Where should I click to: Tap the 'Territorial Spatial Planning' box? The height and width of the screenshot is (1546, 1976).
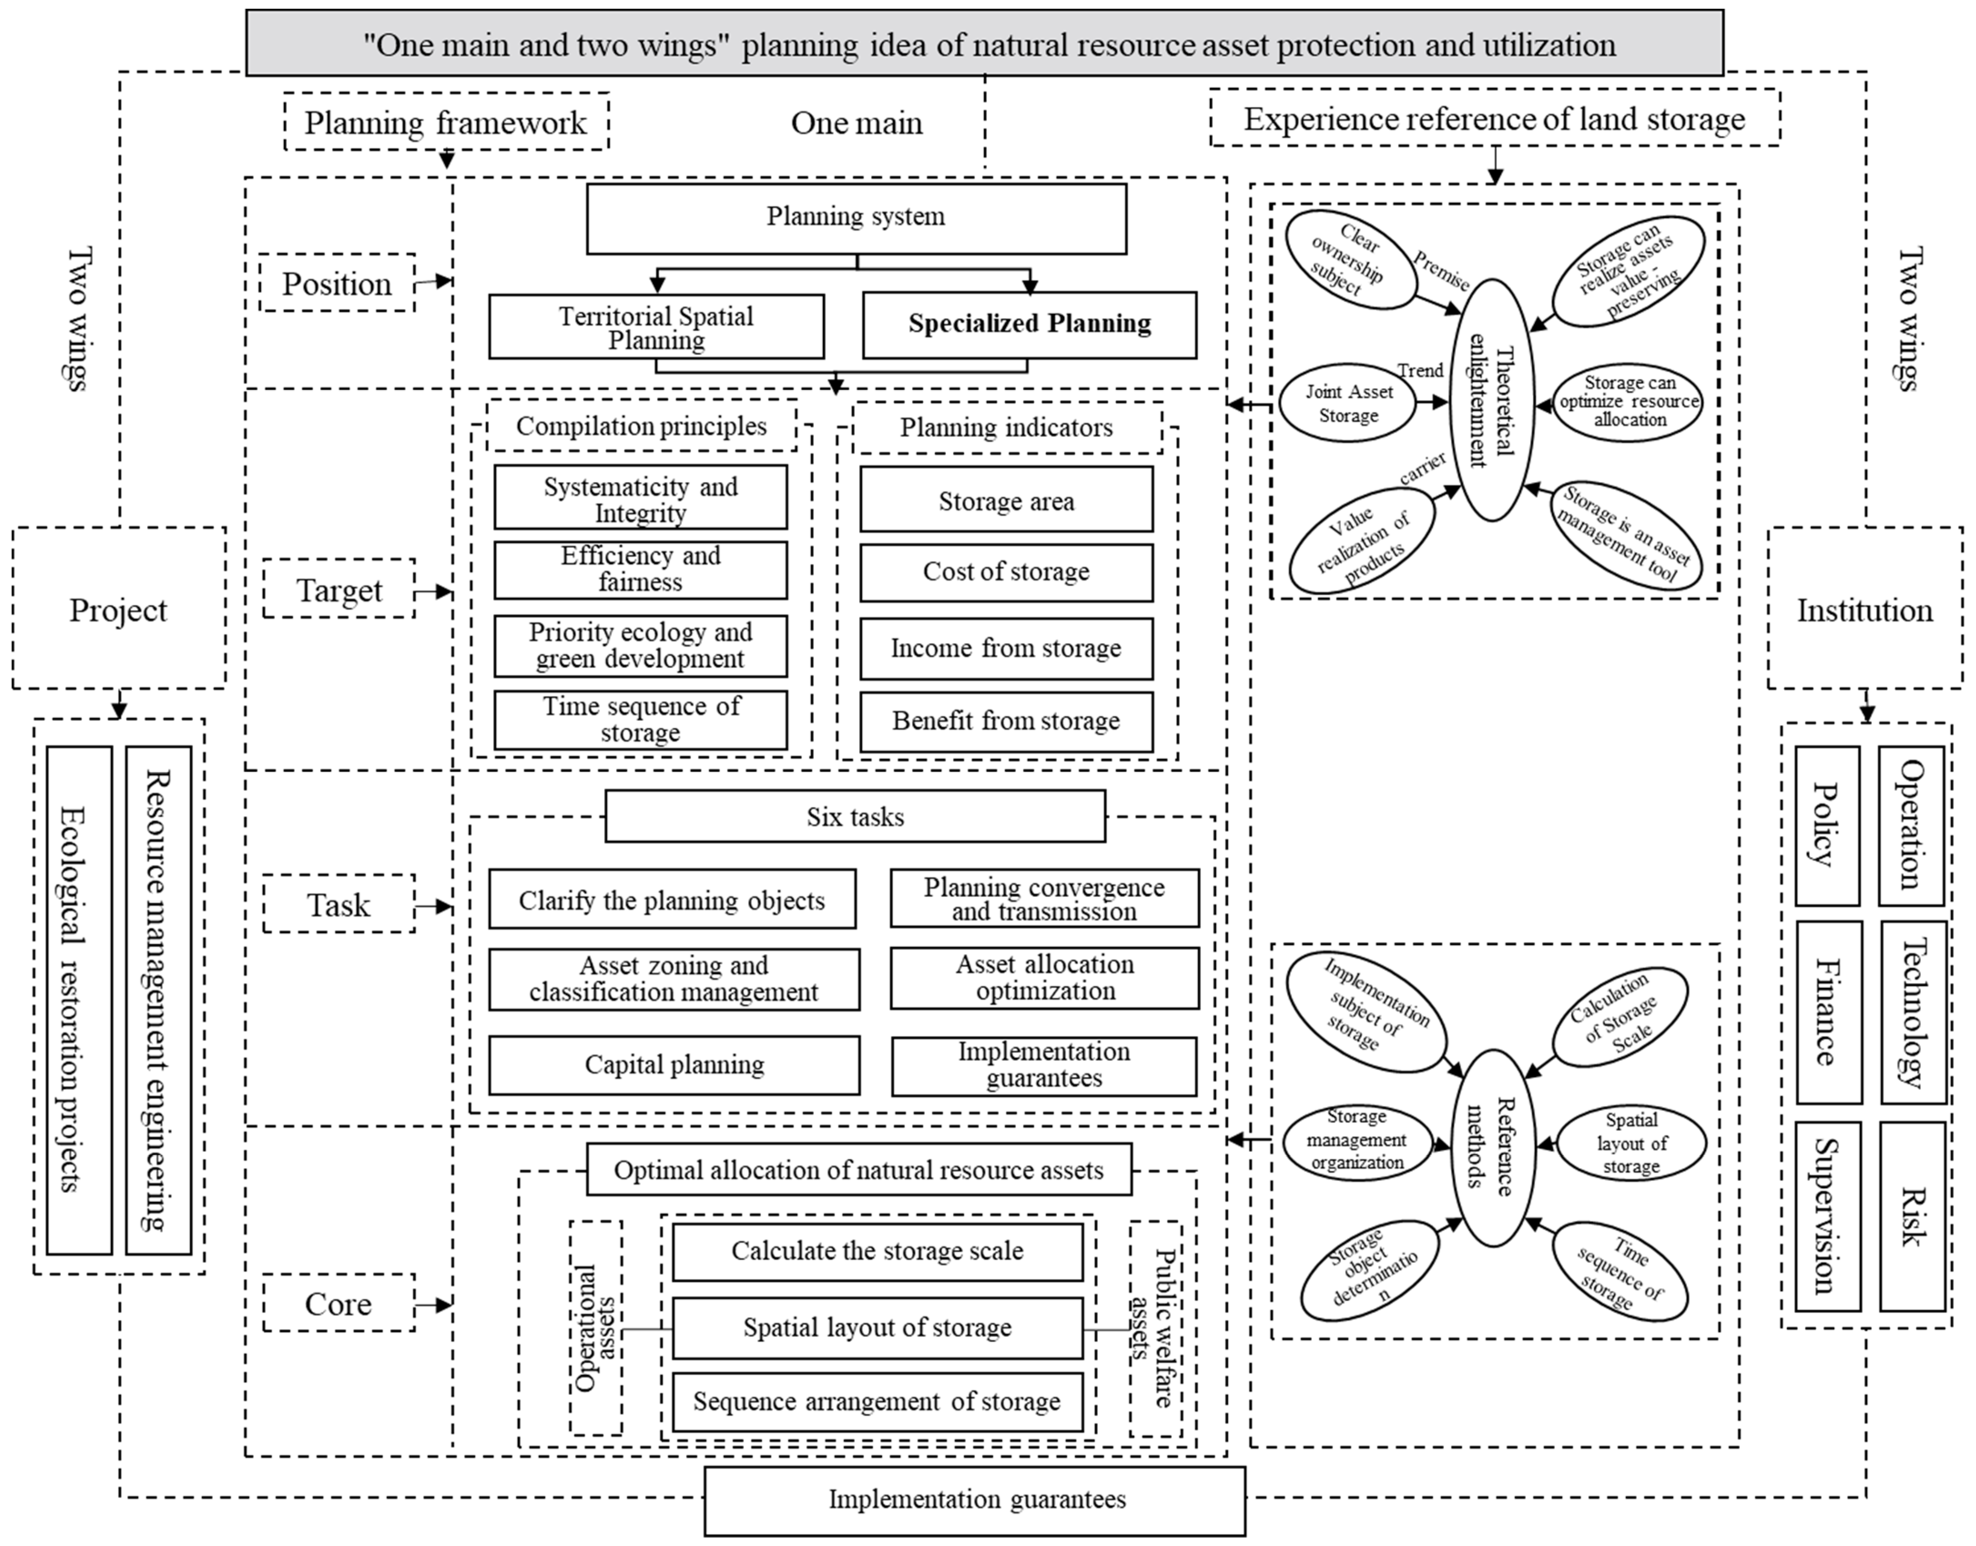pyautogui.click(x=656, y=327)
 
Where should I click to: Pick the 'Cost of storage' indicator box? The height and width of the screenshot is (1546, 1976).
pyautogui.click(x=1006, y=572)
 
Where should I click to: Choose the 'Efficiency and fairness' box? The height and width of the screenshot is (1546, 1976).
pyautogui.click(x=640, y=569)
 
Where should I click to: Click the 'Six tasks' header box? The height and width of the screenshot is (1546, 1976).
pyautogui.click(x=854, y=816)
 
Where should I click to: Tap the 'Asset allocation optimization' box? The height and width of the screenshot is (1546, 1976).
pyautogui.click(x=1045, y=978)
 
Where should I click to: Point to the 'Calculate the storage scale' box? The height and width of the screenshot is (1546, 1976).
pyautogui.click(x=877, y=1252)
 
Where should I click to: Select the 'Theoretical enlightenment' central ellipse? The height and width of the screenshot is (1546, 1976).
pyautogui.click(x=1491, y=400)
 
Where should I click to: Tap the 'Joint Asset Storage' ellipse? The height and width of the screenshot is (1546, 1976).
pyautogui.click(x=1348, y=404)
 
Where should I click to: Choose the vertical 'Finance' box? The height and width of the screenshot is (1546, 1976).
pyautogui.click(x=1829, y=1012)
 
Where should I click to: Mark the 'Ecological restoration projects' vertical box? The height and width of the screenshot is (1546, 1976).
pyautogui.click(x=79, y=1000)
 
